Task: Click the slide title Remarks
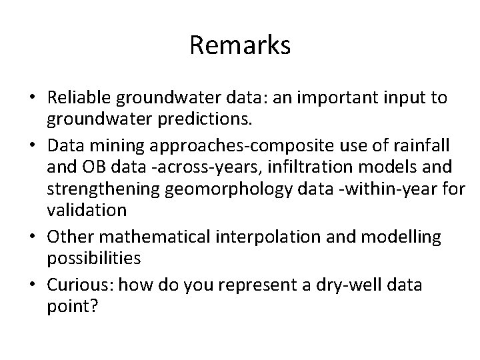click(240, 45)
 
